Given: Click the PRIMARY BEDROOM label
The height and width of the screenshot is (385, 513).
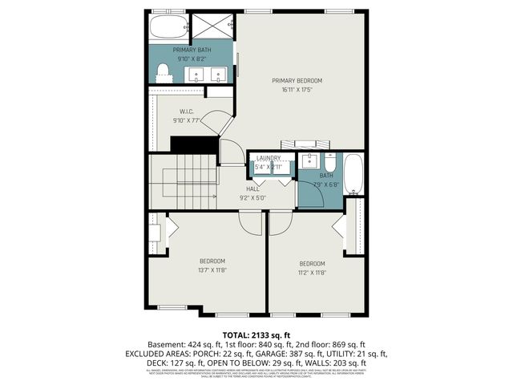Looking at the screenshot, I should (x=297, y=80).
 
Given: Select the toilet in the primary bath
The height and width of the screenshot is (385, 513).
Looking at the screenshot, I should (x=164, y=73).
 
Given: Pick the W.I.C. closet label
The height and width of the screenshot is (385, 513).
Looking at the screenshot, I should (x=186, y=111).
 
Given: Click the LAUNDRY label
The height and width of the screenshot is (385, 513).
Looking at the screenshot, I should (x=269, y=159).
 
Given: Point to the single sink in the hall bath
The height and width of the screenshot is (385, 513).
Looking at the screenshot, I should (x=309, y=160).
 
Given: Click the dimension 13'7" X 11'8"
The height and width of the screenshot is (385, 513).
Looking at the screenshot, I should (x=212, y=271).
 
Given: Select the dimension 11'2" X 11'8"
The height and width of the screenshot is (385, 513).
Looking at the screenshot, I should (x=312, y=273).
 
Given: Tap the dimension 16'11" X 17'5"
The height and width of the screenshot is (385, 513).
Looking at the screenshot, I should (x=297, y=90).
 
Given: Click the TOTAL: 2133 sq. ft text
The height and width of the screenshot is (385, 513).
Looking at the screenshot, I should (x=256, y=334).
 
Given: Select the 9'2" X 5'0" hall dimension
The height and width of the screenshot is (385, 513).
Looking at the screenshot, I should (x=252, y=197).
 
